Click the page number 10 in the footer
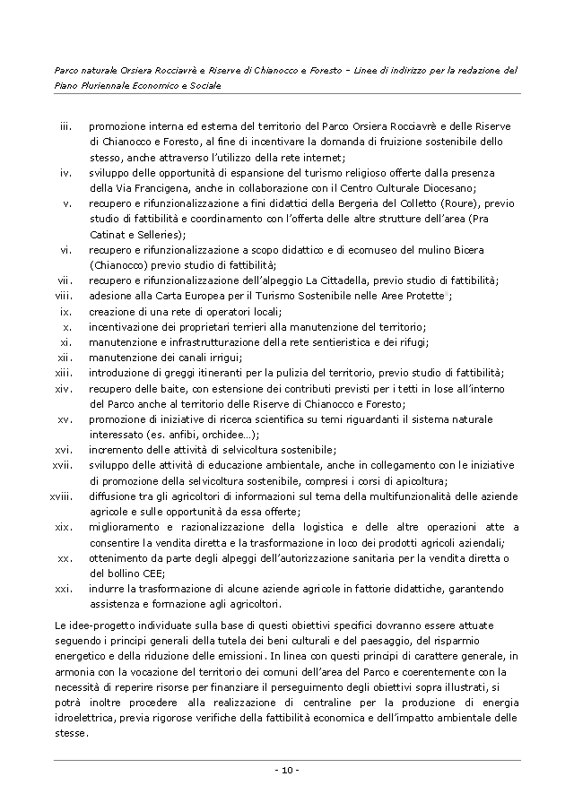tap(287, 771)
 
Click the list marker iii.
tap(65, 126)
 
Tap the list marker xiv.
tap(63, 389)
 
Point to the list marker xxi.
tap(63, 589)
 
